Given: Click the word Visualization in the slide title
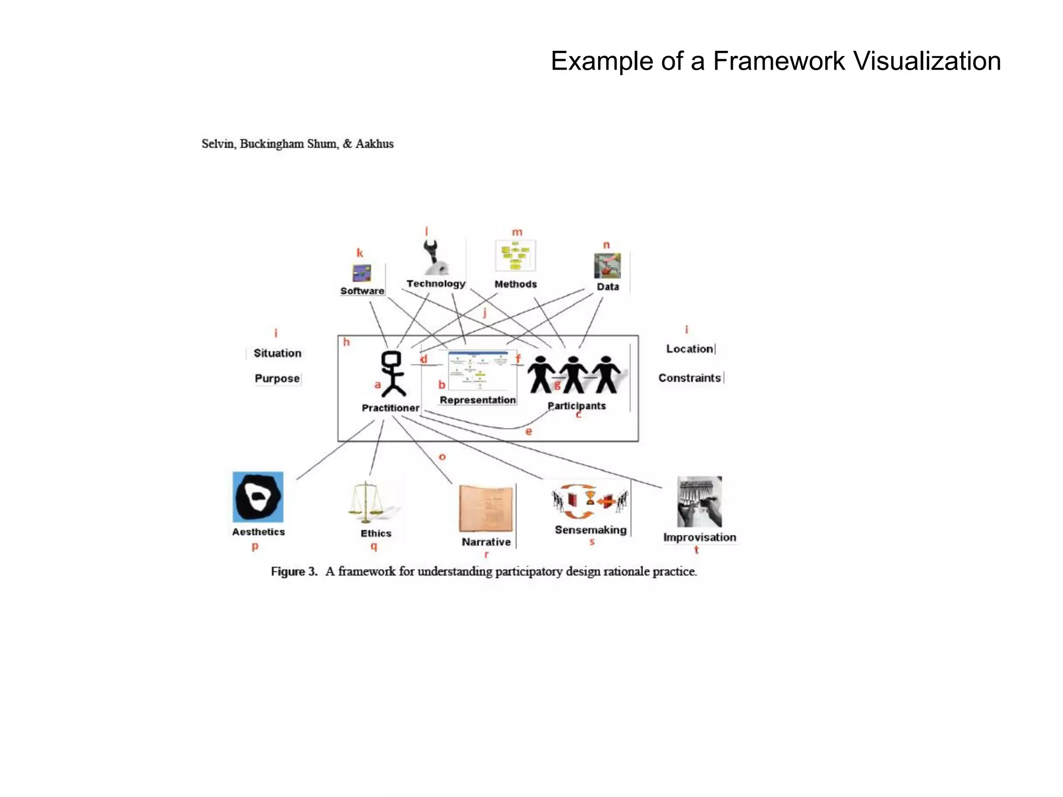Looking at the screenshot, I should pyautogui.click(x=926, y=61).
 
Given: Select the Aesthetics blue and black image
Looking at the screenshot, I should pyautogui.click(x=258, y=497).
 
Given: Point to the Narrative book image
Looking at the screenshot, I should pyautogui.click(x=486, y=509).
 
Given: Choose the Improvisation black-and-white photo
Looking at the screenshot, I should pyautogui.click(x=699, y=502).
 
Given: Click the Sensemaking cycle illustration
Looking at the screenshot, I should pyautogui.click(x=590, y=501).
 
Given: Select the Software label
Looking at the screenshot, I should pyautogui.click(x=362, y=291).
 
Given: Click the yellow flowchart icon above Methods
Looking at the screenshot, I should pyautogui.click(x=515, y=255).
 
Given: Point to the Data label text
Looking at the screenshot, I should pyautogui.click(x=608, y=286).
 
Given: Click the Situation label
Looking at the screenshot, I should pyautogui.click(x=277, y=353).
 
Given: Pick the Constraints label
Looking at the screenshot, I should pyautogui.click(x=689, y=378).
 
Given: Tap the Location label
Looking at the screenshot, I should pyautogui.click(x=689, y=349).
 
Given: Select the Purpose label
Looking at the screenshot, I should pyautogui.click(x=277, y=378).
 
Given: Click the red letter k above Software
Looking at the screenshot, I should pyautogui.click(x=360, y=253).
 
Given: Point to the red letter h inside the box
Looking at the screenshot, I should pyautogui.click(x=346, y=342).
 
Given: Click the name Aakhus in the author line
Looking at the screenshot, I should pyautogui.click(x=374, y=144).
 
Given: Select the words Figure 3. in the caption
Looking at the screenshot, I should pyautogui.click(x=294, y=571).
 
